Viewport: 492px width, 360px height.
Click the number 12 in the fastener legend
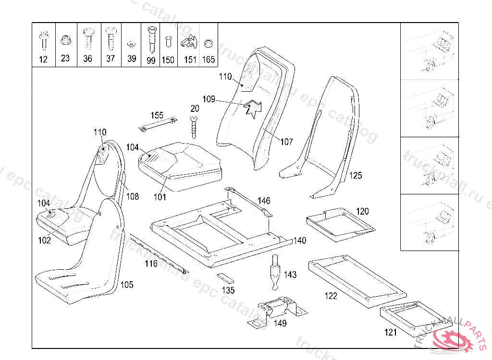[43, 60]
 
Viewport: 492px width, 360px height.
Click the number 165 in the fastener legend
[209, 60]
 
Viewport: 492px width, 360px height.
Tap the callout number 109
[209, 99]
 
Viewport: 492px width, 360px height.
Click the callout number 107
[286, 142]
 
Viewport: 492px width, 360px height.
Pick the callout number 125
[355, 175]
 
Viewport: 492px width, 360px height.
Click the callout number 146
[264, 201]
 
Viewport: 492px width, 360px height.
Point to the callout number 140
[299, 240]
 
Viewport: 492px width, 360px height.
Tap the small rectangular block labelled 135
[225, 278]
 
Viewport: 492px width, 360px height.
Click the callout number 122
[331, 296]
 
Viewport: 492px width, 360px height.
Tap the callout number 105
[126, 285]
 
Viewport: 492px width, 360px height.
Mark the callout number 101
[159, 197]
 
